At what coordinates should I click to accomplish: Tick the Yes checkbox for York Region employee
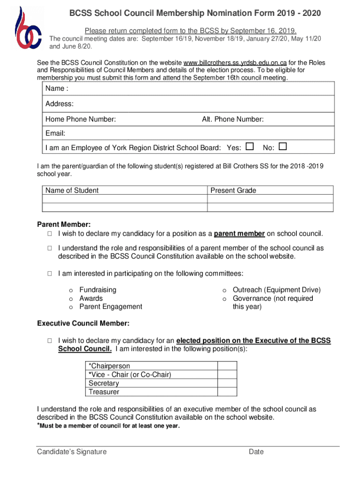point(250,147)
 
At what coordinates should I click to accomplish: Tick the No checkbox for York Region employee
point(282,147)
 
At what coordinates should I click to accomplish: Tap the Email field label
point(55,133)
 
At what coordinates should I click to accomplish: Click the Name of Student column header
point(72,190)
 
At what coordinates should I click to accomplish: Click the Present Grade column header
point(233,190)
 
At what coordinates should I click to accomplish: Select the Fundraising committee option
point(98,290)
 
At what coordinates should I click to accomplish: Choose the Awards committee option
point(91,298)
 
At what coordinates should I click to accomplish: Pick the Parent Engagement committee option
point(110,307)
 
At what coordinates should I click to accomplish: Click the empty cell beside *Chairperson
point(227,366)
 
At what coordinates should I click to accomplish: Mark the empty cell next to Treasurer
point(227,392)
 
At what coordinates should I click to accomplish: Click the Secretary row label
point(104,383)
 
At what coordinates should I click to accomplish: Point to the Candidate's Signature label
point(72,452)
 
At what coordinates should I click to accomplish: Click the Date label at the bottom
point(256,452)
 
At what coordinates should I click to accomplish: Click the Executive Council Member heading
point(83,324)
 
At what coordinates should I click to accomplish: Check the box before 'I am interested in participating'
point(49,274)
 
